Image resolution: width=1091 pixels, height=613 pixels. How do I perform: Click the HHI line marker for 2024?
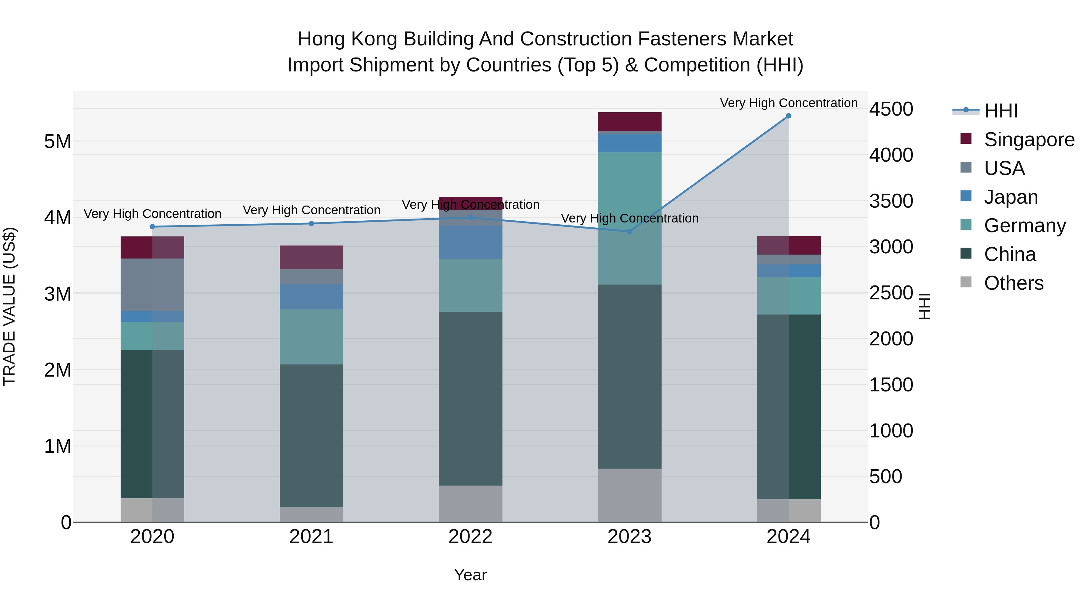click(788, 116)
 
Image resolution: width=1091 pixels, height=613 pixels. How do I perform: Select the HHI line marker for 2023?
click(629, 231)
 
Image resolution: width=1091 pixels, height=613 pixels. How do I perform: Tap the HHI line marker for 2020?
click(152, 227)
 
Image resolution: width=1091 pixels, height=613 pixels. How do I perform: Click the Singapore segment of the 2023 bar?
click(629, 122)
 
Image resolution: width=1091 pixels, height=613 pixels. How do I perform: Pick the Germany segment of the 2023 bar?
click(629, 218)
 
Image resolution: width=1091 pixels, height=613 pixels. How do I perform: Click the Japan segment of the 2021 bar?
click(311, 297)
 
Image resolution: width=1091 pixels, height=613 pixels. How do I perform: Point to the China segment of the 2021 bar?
click(311, 436)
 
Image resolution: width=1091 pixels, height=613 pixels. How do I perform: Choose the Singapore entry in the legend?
click(1029, 140)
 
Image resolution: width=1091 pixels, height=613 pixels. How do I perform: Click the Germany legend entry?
click(1025, 226)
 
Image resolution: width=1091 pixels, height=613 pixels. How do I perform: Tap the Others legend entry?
click(1013, 283)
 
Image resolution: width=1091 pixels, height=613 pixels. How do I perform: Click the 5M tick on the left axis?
click(58, 141)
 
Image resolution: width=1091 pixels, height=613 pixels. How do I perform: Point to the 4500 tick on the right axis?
click(891, 109)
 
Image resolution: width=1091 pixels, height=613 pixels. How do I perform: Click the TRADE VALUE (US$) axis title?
click(9, 306)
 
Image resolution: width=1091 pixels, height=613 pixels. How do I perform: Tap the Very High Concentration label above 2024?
click(788, 103)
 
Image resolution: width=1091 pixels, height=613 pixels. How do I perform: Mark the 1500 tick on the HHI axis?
click(891, 385)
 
